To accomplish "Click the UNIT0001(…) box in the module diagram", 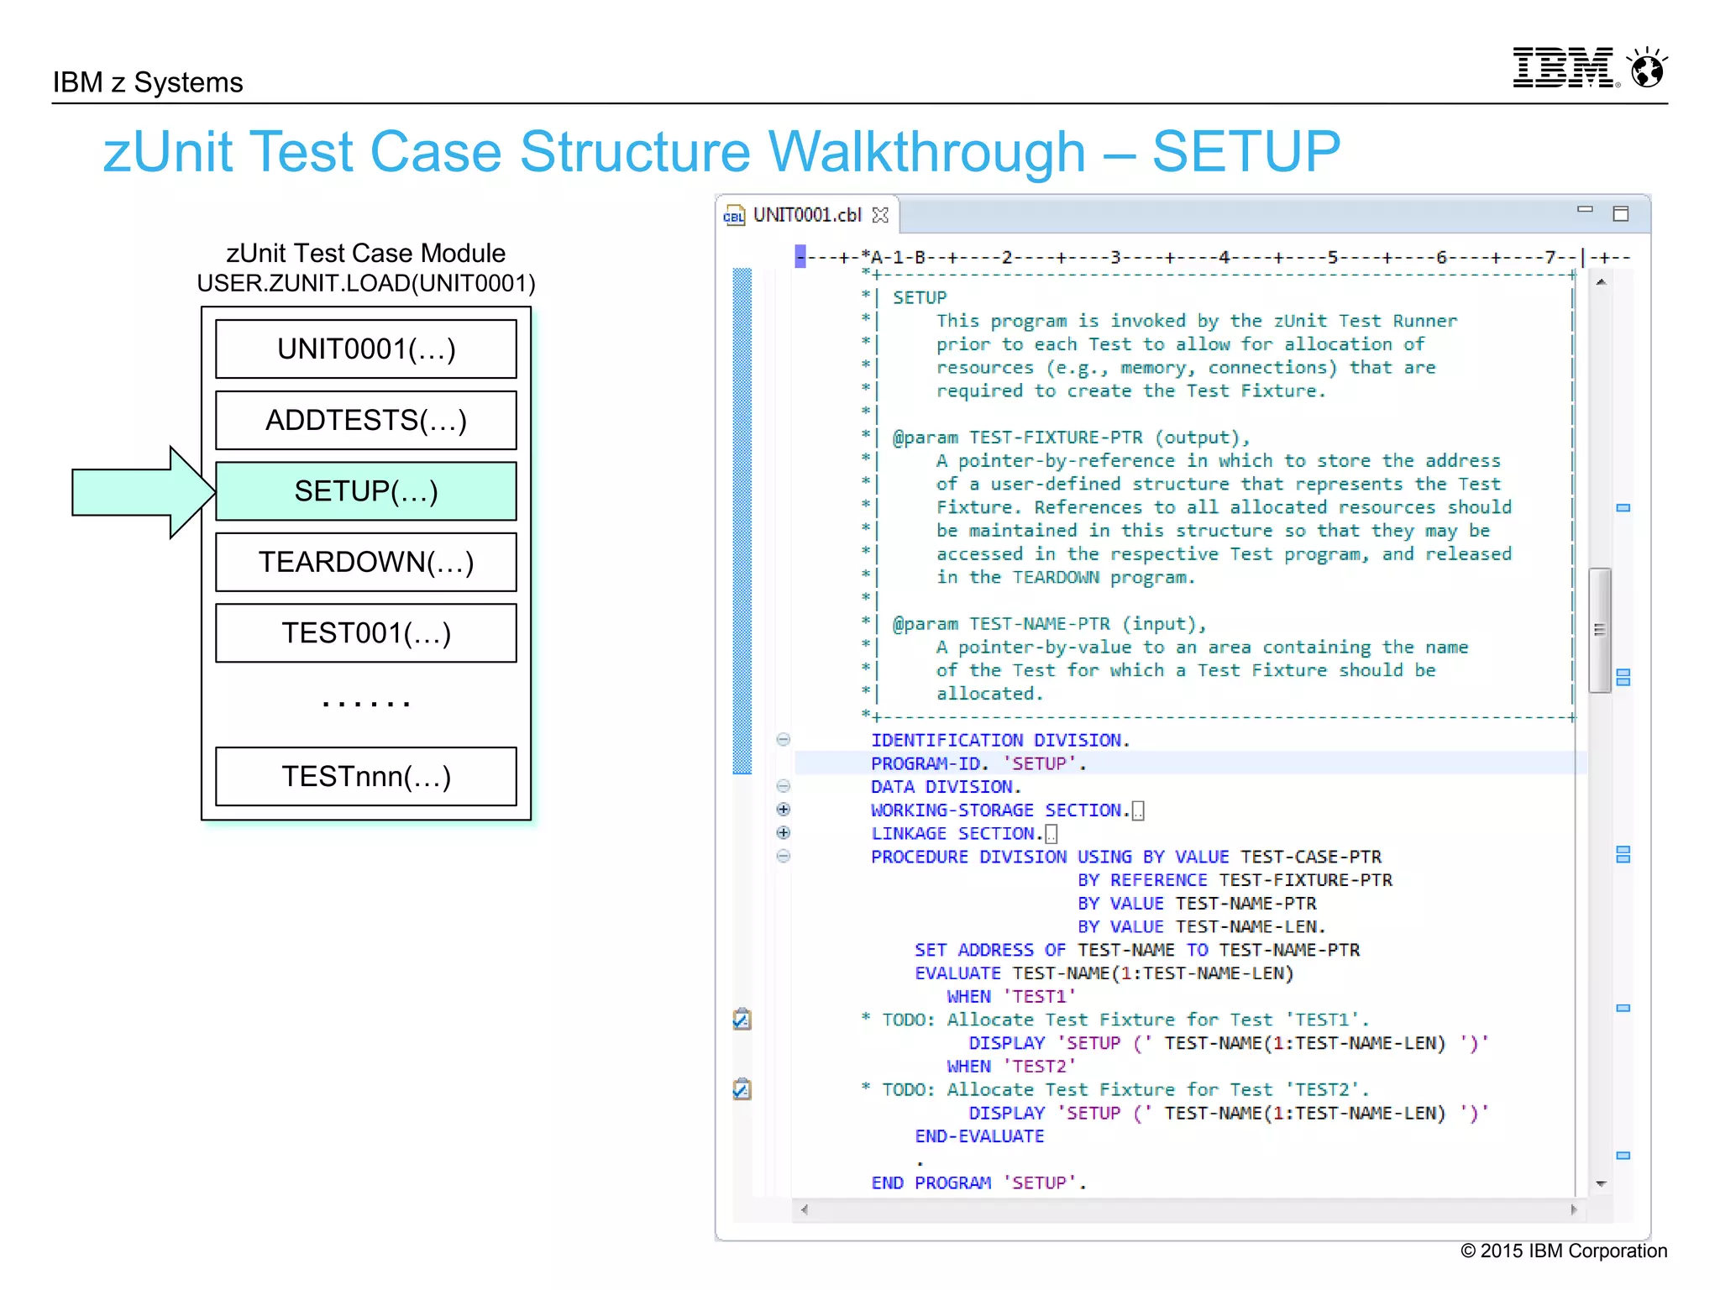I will coord(365,349).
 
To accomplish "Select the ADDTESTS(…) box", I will coord(365,420).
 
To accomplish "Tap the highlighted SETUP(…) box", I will coord(365,491).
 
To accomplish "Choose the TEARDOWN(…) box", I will coord(365,562).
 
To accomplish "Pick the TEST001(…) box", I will coord(365,633).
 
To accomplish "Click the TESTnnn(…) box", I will coord(365,776).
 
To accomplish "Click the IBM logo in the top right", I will coord(1563,68).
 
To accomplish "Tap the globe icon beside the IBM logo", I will coord(1647,68).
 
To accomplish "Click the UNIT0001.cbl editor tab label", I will coord(806,215).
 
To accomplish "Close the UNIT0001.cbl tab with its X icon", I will coord(880,215).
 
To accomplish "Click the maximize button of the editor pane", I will coord(1621,213).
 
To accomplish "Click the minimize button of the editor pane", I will coord(1585,209).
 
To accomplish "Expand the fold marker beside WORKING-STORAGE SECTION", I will coord(784,810).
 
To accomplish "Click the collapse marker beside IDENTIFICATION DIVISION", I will coord(784,740).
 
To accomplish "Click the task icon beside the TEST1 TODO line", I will coord(742,1020).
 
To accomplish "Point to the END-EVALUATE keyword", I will coord(979,1136).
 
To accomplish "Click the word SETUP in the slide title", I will coord(1245,152).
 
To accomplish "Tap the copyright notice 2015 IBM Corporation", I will coord(1563,1251).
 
